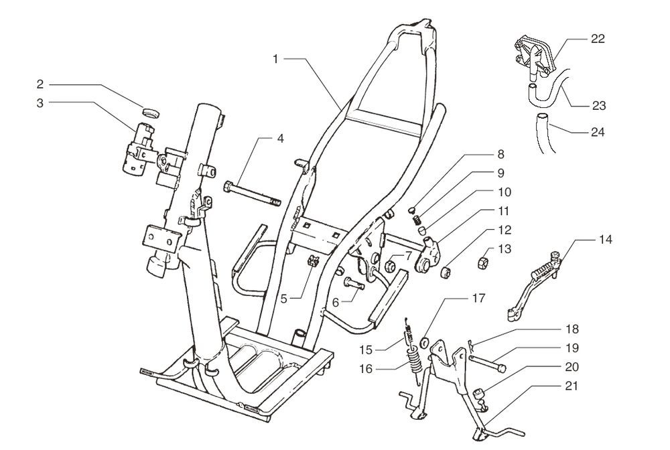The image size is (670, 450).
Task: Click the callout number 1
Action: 275,59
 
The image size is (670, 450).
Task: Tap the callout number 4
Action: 280,139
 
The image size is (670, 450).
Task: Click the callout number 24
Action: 597,132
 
